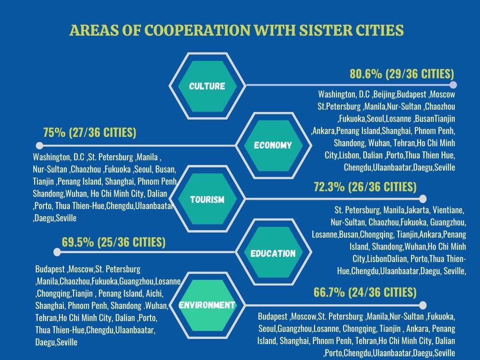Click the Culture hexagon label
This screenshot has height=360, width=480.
coord(207,86)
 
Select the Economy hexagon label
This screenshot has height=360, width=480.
coord(272,145)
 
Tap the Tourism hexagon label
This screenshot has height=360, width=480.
coord(207,200)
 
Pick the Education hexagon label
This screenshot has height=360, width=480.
coord(273,254)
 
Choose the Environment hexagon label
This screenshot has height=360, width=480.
coord(207,305)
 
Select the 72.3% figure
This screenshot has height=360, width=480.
coord(330,187)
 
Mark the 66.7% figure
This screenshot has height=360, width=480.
coord(330,292)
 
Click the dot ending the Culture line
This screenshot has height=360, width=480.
coord(453,85)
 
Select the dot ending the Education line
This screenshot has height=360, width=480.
coord(57,252)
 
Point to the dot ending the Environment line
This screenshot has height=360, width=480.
coord(423,305)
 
